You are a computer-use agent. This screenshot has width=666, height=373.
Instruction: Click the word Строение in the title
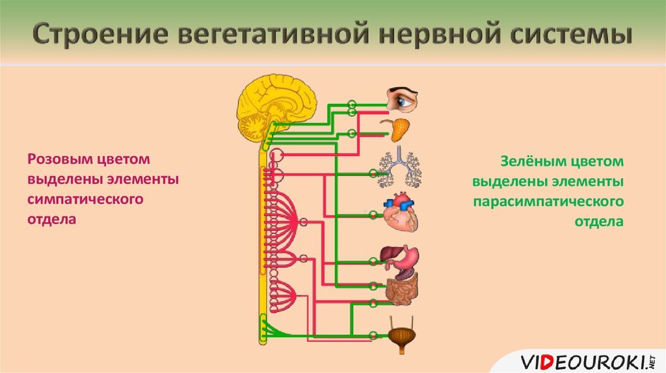coord(100,34)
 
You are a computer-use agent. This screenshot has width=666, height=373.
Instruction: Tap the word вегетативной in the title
coord(274,34)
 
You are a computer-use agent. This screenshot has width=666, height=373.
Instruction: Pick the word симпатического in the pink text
coord(85,199)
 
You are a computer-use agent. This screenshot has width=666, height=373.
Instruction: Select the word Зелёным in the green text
coord(533,161)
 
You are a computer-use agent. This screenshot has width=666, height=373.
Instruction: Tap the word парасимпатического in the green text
coord(548,201)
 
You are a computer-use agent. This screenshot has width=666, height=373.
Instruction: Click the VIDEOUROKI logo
coord(588,363)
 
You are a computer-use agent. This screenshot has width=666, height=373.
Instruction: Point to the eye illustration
coord(402,99)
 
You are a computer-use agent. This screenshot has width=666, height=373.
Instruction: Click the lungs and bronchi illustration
coord(399,167)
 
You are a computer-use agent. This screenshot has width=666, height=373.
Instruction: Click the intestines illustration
coord(402,289)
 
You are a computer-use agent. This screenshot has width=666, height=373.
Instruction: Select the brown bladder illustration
coord(402,335)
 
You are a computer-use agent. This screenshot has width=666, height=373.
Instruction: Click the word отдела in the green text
coord(599,222)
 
